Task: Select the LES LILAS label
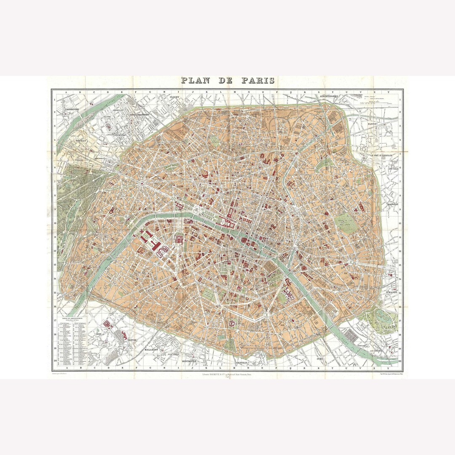[x=393, y=165]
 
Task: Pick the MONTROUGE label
[x=190, y=361]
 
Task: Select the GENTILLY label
[x=243, y=362]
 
